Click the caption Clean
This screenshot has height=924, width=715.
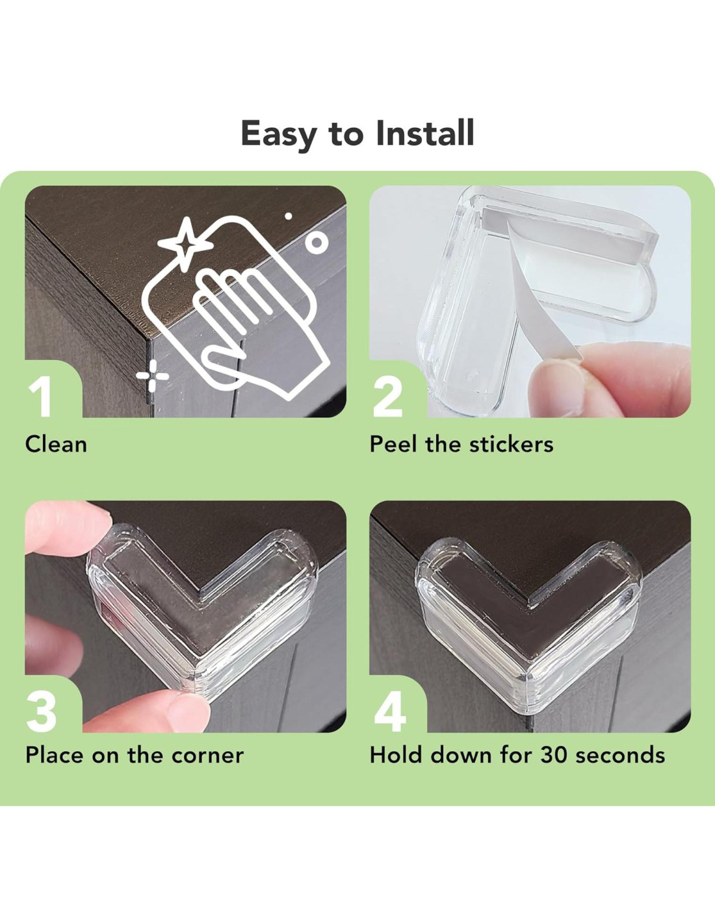pyautogui.click(x=56, y=444)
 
